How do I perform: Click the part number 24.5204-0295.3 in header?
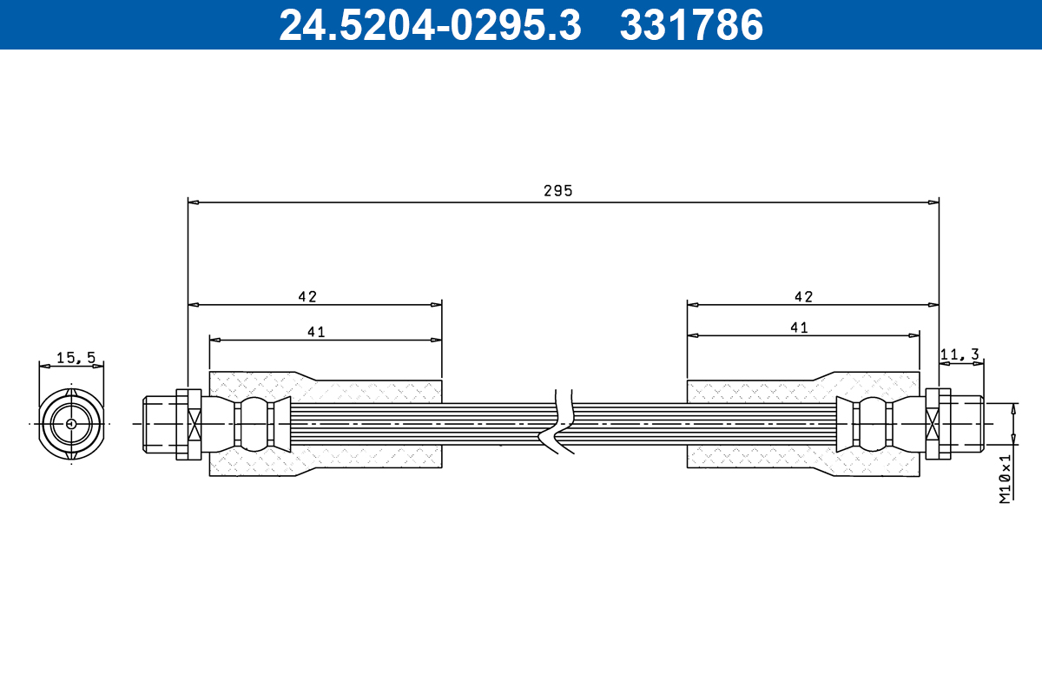click(429, 25)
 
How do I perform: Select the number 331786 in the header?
click(691, 25)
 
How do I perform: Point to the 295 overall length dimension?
click(558, 191)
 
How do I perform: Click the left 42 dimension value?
click(307, 296)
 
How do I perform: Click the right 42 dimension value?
click(803, 296)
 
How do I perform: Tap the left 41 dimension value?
click(316, 331)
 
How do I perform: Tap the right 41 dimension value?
click(799, 328)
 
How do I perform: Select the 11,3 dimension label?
click(960, 354)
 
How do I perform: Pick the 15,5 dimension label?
click(75, 357)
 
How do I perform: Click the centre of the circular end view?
click(70, 424)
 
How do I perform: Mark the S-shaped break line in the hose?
click(562, 423)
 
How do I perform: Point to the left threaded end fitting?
click(160, 424)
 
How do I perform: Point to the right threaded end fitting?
click(966, 424)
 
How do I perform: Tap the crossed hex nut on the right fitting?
click(933, 424)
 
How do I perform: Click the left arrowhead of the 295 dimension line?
click(194, 202)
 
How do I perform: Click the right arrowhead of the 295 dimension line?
click(933, 202)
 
